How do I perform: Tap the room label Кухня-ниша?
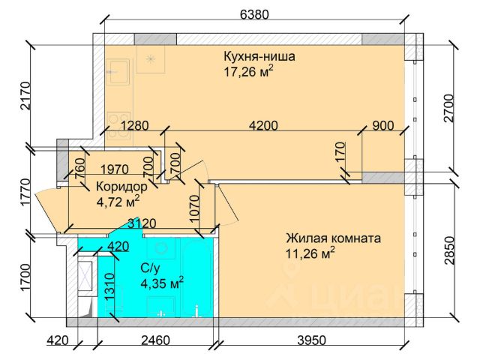pos(259,56)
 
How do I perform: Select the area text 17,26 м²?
pos(248,72)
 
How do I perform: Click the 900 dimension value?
pos(382,126)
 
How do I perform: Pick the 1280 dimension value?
pos(137,126)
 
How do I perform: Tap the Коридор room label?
pos(121,186)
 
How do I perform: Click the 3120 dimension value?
pos(142,223)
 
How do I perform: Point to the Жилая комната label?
pos(332,238)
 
